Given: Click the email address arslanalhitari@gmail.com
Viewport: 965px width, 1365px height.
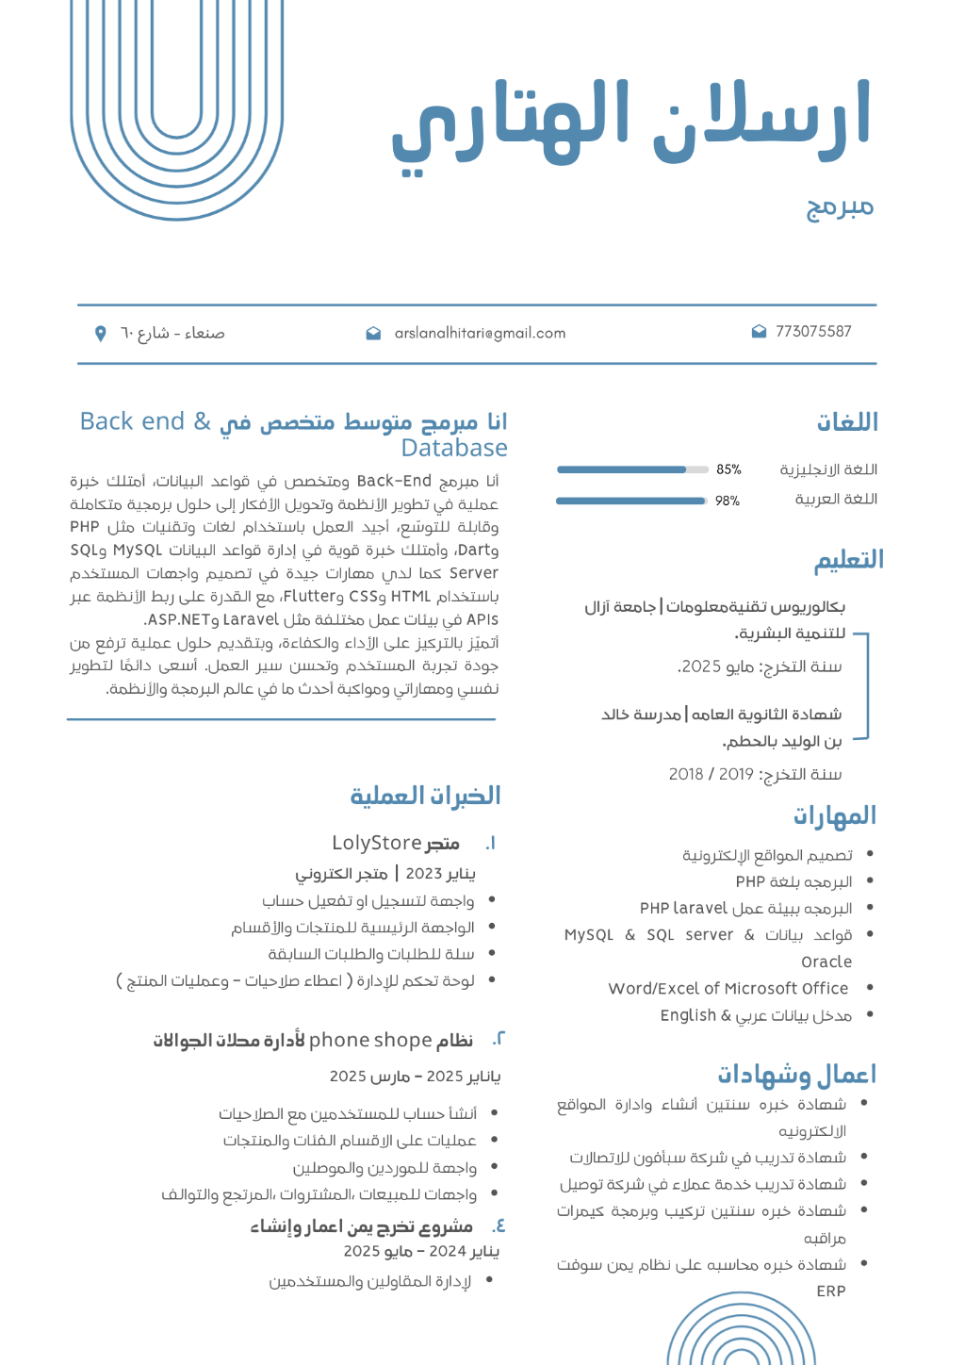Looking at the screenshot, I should [x=480, y=333].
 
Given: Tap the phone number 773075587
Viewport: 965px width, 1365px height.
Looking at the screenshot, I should [x=813, y=332].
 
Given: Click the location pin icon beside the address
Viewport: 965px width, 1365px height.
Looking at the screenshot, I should [x=101, y=333].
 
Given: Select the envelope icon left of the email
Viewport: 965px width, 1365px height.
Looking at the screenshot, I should [x=373, y=333].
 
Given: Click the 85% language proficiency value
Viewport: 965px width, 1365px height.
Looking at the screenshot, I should [x=728, y=469].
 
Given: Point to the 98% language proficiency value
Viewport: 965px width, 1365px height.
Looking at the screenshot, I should [x=727, y=501].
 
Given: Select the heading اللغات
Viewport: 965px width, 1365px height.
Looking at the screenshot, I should [x=847, y=422].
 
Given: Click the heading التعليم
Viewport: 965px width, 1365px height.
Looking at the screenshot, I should [x=849, y=560].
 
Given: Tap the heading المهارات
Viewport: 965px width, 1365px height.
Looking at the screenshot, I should [x=834, y=815].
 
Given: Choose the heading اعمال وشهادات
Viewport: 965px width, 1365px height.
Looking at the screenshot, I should [x=796, y=1075].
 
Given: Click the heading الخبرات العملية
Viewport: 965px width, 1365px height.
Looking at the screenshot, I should [x=425, y=797].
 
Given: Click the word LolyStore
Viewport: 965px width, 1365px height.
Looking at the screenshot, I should [x=376, y=843].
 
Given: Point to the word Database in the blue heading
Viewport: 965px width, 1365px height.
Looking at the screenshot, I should [x=454, y=448].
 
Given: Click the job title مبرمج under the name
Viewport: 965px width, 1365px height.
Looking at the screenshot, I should [x=840, y=206].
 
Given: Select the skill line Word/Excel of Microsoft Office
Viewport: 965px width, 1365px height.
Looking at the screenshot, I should [x=728, y=989].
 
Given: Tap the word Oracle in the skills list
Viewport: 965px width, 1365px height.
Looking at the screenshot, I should [x=826, y=962].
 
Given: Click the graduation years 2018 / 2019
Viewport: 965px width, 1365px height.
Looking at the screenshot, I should [x=711, y=775].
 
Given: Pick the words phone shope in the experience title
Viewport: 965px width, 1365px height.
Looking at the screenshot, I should [x=369, y=1040].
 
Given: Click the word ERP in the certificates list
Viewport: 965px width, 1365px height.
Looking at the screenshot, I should [x=830, y=1291].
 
